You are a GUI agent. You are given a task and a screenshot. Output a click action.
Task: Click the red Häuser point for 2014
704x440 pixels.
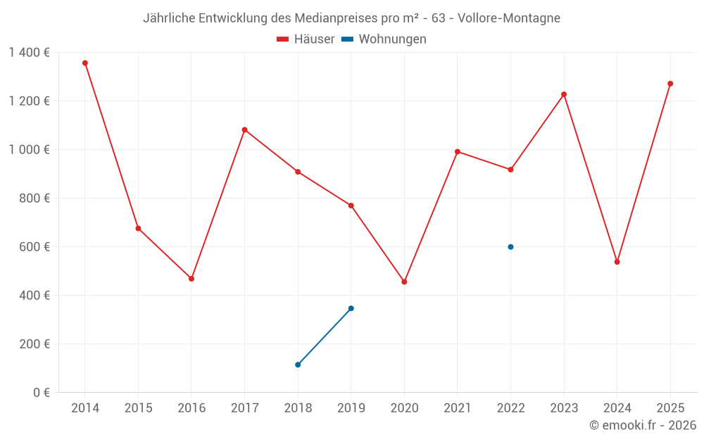85,63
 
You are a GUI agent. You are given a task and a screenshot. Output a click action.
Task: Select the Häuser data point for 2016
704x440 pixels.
191,279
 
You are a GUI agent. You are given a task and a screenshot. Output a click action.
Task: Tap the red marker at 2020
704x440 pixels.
404,282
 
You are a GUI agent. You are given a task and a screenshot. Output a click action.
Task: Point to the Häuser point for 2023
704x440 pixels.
564,94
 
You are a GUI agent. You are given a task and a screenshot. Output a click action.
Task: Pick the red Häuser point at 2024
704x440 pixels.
617,262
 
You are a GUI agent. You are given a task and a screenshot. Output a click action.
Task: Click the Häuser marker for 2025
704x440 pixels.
670,84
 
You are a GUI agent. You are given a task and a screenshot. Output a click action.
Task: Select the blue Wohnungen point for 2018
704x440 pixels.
298,365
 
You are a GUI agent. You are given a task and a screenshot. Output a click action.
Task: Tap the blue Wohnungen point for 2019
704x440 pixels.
351,308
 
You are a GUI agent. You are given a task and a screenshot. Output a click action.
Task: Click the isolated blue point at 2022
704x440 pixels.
510,247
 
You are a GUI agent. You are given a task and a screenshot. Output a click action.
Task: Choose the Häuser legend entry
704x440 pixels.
306,39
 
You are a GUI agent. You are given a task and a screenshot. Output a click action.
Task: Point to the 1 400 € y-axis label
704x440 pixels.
30,52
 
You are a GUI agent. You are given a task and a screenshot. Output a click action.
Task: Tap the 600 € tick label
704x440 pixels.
36,247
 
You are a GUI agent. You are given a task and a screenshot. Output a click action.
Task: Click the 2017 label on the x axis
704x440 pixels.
244,408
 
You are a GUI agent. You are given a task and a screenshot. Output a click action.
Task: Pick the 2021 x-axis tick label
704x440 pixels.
458,408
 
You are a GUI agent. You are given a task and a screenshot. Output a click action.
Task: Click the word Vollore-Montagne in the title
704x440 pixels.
509,18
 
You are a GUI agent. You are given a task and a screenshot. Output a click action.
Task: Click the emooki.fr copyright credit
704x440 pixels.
642,425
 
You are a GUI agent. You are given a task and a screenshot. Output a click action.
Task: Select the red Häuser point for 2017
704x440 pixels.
244,130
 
